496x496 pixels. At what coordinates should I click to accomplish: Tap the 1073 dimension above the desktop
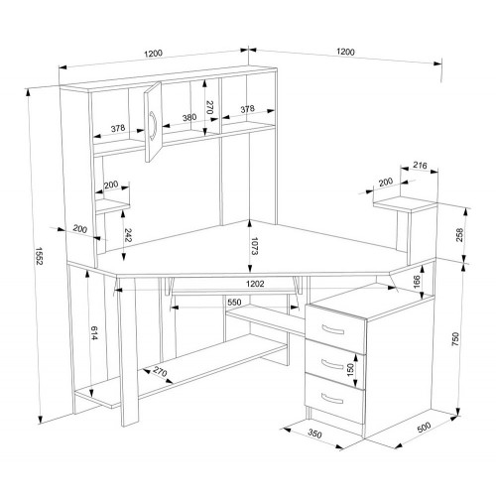pos(254,246)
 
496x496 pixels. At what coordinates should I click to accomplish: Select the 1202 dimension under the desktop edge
pos(255,284)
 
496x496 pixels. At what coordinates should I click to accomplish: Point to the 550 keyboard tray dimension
pos(234,302)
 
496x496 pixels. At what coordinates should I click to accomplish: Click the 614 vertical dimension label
pos(94,333)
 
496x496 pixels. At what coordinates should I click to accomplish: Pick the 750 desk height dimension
pos(455,339)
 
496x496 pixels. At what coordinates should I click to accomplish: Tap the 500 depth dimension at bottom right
pos(425,427)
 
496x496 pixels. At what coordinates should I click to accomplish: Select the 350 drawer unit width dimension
pos(314,434)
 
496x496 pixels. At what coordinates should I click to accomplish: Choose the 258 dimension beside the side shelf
pos(459,235)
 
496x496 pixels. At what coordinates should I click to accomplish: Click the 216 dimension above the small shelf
pos(421,165)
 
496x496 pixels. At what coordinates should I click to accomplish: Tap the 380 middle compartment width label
pos(189,118)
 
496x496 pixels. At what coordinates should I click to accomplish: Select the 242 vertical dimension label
pos(128,235)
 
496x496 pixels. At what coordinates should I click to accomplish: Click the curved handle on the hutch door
pos(153,126)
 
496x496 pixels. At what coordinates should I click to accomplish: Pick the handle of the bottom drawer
pos(332,399)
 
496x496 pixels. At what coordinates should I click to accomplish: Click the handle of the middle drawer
pos(332,364)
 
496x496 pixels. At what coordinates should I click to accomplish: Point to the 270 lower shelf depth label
pos(160,372)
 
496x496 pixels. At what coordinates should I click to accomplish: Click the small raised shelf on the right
pos(406,203)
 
